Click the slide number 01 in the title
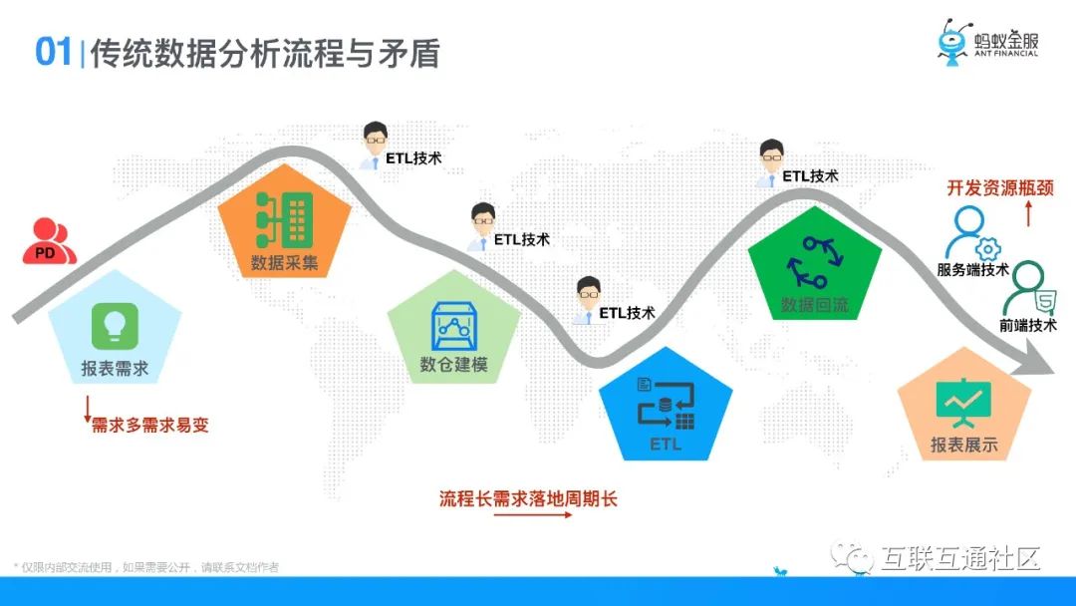pos(53,52)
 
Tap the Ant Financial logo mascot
pos(953,43)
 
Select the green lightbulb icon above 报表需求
pos(115,325)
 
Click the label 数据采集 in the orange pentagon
pos(285,264)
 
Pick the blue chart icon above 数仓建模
pos(454,325)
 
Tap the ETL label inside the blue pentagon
pos(666,444)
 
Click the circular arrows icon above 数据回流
pos(815,262)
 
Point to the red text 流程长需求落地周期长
pos(528,498)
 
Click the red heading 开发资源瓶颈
pos(985,186)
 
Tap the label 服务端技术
pos(972,269)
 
